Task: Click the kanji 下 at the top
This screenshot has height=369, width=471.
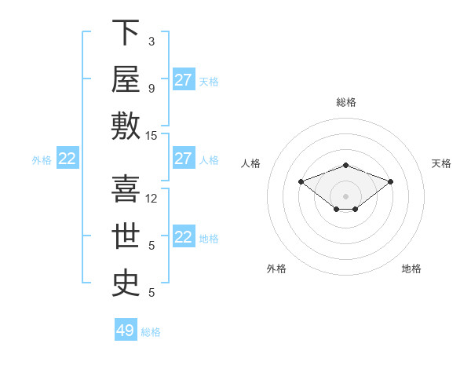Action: point(126,32)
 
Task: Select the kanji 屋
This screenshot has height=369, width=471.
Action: point(126,79)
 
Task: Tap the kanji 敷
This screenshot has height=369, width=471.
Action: point(126,126)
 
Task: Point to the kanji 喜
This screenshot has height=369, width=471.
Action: point(126,188)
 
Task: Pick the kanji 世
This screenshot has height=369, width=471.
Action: point(126,236)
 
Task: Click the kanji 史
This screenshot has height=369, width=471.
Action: point(126,283)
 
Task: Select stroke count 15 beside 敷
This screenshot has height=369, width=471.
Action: point(151,136)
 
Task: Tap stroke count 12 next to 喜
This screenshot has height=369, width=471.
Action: point(151,199)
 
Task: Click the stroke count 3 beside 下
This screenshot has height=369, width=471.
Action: point(152,42)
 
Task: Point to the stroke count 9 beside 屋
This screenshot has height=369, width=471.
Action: point(152,89)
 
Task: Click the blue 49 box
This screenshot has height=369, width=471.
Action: point(126,329)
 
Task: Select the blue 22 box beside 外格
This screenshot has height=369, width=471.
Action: point(68,158)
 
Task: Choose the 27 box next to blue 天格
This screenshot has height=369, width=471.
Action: point(184,79)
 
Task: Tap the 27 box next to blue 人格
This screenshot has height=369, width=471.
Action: point(184,158)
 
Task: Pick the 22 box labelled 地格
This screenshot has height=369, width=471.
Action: point(184,236)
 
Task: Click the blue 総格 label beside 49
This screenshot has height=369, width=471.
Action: point(151,332)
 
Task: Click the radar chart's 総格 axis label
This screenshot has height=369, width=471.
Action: point(346,102)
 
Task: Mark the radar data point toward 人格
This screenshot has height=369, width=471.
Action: point(301,181)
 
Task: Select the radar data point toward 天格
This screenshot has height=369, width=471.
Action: point(390,181)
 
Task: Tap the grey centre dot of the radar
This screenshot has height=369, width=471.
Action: point(345,196)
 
